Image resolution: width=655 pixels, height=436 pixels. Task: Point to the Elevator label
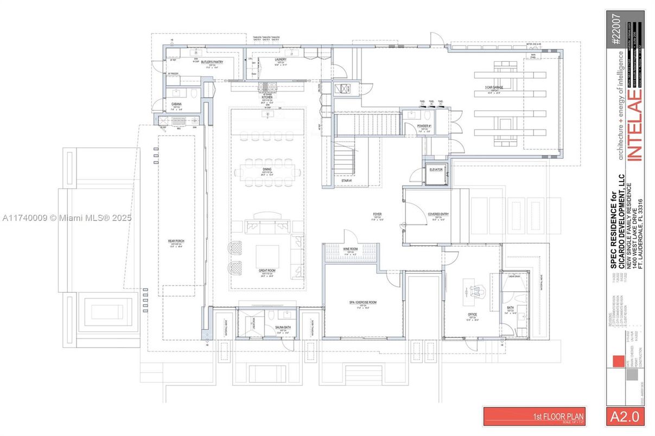[436, 170]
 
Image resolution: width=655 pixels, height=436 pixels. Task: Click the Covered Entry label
[437, 214]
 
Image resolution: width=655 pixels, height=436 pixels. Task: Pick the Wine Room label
[350, 249]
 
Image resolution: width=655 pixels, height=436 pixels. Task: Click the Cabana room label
[176, 104]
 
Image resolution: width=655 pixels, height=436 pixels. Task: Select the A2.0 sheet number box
[625, 416]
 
